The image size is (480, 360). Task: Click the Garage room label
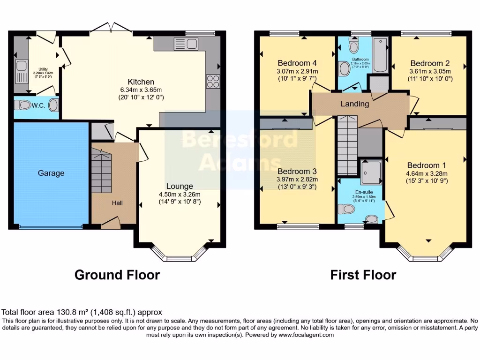[x=51, y=173]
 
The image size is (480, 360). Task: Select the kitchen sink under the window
[x=187, y=44]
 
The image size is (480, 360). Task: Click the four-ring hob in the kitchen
[x=213, y=82]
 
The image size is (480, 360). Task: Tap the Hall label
[x=117, y=203]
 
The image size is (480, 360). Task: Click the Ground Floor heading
[x=117, y=275]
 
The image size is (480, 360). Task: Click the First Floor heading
[x=363, y=275]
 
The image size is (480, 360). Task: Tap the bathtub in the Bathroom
[x=380, y=55]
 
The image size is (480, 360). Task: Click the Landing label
[x=354, y=104]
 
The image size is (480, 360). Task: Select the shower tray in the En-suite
[x=372, y=172]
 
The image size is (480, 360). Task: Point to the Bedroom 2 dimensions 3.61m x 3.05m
[x=429, y=72]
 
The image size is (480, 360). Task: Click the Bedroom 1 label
[x=426, y=165]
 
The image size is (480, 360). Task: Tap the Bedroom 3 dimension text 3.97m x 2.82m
[x=297, y=179]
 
